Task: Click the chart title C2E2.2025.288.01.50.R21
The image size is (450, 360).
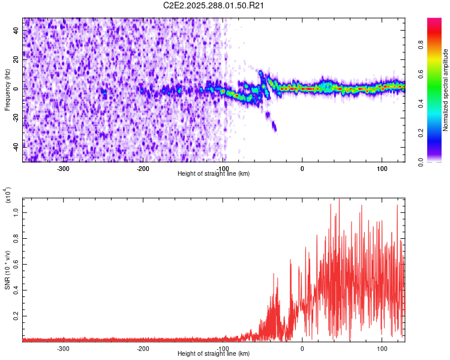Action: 214,6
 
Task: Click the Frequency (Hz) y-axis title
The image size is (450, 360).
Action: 7,90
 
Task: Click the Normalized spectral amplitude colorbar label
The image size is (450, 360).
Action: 446,90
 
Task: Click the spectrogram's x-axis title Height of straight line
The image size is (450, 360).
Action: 214,174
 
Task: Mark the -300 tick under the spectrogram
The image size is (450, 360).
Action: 64,169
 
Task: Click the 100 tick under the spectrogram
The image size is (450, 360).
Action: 382,169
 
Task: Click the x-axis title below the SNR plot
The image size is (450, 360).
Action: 214,354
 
